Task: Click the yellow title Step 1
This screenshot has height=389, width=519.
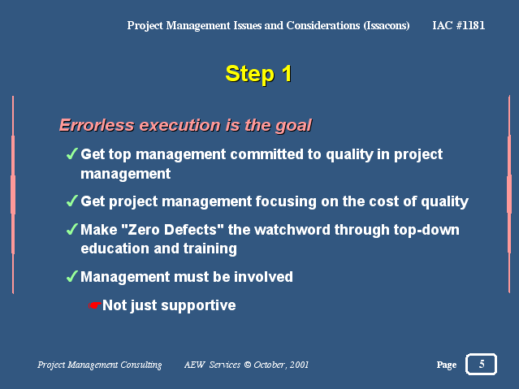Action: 258,74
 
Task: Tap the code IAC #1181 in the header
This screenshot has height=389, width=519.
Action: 458,25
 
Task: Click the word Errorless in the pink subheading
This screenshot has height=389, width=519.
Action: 97,125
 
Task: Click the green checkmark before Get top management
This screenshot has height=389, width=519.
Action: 71,153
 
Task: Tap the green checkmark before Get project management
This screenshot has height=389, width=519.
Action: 71,201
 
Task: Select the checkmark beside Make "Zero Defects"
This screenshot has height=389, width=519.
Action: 71,229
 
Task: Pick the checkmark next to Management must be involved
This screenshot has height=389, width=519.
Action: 71,276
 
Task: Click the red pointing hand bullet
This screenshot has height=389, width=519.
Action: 95,305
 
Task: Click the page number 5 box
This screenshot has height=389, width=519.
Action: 482,364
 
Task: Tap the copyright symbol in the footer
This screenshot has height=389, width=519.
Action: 247,365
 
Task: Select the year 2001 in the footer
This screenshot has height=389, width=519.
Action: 299,365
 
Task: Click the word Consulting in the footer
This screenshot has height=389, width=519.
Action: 141,365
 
